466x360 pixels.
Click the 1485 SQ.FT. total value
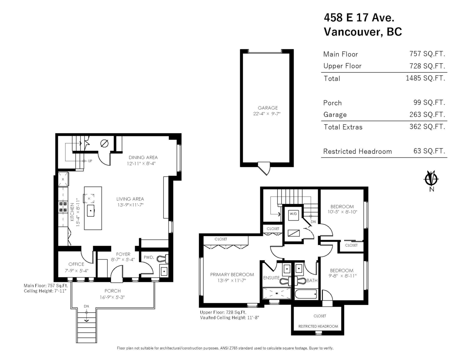coord(424,78)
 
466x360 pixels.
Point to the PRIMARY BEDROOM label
coord(232,274)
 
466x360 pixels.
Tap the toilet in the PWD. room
coord(162,258)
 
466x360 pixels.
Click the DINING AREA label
coord(143,157)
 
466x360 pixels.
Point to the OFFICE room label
coord(76,264)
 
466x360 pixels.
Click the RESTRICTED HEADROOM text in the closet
coord(318,327)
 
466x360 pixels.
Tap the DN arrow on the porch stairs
coord(86,311)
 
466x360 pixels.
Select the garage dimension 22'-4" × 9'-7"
coord(266,114)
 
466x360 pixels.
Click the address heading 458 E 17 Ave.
coord(360,17)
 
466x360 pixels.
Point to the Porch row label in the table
coord(332,103)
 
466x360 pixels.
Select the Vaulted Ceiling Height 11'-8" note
coord(229,317)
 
